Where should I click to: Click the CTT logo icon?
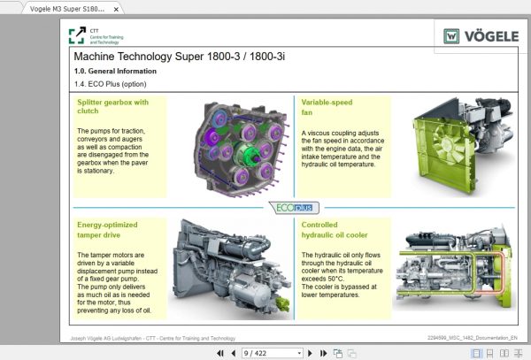click(77, 35)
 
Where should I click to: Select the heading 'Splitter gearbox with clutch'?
click(112, 107)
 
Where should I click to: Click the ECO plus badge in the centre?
click(293, 207)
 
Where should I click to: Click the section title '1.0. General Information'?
click(115, 71)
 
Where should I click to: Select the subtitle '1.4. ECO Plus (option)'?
click(111, 84)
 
